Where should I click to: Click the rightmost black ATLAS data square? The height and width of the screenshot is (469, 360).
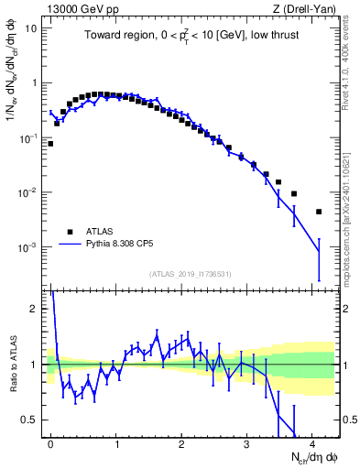[319, 212]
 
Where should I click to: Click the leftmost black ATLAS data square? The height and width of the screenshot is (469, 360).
[50, 144]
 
